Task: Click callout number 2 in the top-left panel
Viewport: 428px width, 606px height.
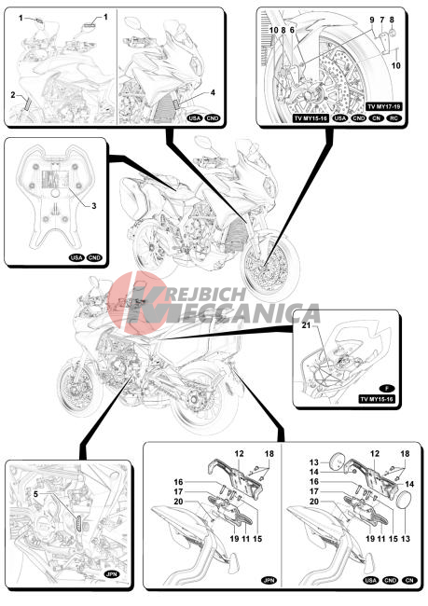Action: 13,94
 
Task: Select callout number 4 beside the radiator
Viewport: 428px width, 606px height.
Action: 213,92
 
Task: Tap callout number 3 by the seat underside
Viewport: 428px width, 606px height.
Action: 94,206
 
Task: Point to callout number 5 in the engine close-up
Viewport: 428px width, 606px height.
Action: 35,494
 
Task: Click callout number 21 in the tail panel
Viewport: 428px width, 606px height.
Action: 306,325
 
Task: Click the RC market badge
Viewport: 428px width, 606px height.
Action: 394,118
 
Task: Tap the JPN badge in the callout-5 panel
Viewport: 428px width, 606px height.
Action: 112,574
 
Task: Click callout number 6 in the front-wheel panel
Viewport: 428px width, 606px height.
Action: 292,30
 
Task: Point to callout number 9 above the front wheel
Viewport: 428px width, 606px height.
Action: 372,20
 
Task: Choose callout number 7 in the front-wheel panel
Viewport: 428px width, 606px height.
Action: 382,20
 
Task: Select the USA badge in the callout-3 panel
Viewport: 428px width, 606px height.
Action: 76,257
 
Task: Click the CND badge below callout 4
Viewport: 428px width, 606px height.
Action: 213,118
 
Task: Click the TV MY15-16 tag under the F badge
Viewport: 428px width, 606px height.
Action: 377,399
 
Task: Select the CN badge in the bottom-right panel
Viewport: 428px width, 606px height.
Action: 409,580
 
